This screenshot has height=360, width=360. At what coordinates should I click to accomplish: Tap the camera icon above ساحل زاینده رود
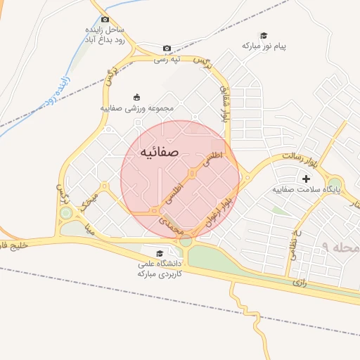[105, 20]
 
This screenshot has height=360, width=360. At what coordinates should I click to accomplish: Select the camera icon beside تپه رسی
[167, 48]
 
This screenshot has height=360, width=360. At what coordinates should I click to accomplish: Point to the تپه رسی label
[168, 59]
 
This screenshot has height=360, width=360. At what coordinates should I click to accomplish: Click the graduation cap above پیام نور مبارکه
[264, 36]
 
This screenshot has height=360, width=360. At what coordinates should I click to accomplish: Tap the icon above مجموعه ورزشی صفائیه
[136, 97]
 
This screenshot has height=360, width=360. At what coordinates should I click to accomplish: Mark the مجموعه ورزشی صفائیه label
[136, 109]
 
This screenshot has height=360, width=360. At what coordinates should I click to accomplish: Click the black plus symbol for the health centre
[306, 179]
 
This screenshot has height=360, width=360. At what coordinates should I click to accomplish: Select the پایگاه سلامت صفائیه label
[307, 190]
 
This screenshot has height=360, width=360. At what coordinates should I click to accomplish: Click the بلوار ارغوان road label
[217, 212]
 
